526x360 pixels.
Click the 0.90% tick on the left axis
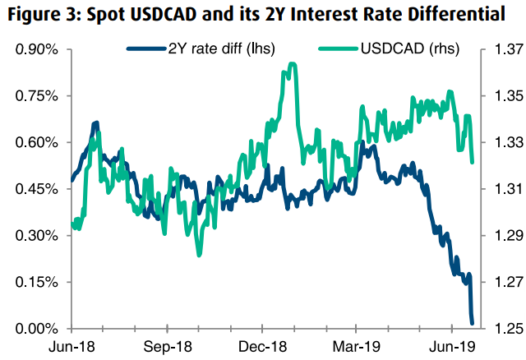pyautogui.click(x=35, y=49)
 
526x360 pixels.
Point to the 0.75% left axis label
pyautogui.click(x=35, y=96)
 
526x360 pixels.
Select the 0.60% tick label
pyautogui.click(x=35, y=142)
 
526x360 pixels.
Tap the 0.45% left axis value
pyautogui.click(x=35, y=189)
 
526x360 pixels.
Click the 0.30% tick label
pyautogui.click(x=35, y=236)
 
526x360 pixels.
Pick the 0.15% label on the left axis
pyautogui.click(x=35, y=282)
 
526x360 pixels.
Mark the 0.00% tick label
pyautogui.click(x=35, y=329)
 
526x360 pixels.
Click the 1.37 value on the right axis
pyautogui.click(x=504, y=49)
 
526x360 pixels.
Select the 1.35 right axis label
pyautogui.click(x=504, y=96)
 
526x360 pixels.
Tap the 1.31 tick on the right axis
pyautogui.click(x=504, y=189)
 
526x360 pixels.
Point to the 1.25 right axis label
pyautogui.click(x=504, y=329)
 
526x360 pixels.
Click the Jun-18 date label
pyautogui.click(x=75, y=347)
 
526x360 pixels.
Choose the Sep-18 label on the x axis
pyautogui.click(x=171, y=347)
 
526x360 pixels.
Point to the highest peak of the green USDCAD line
pyautogui.click(x=292, y=64)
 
